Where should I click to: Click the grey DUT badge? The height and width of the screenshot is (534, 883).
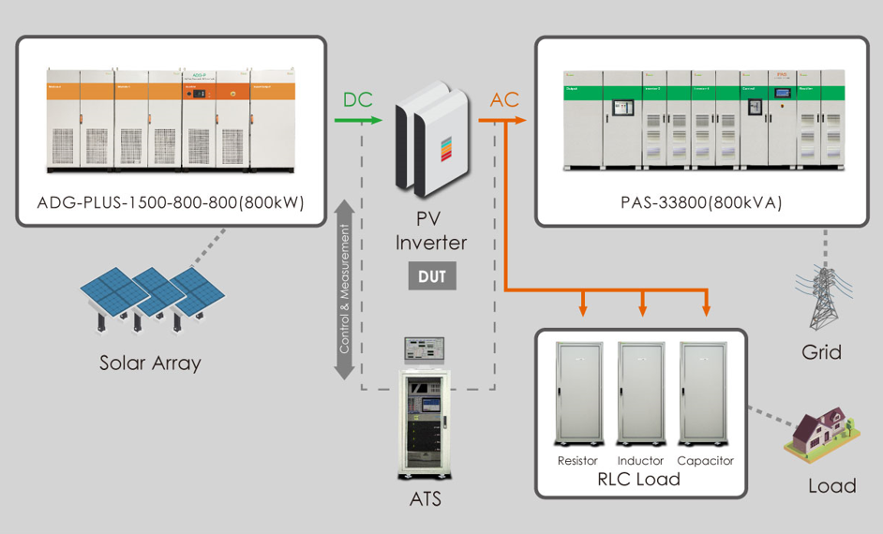tap(432, 276)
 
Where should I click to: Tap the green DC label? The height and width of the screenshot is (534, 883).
tap(361, 100)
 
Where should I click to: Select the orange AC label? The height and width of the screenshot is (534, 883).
tap(504, 100)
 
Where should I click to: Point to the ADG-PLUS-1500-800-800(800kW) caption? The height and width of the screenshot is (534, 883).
tap(171, 202)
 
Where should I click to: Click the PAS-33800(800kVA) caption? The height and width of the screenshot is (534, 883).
tap(701, 202)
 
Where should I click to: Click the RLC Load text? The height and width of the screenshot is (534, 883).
tap(640, 480)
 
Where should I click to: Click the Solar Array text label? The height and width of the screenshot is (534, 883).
tap(150, 363)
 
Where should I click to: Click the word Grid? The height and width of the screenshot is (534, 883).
tap(821, 352)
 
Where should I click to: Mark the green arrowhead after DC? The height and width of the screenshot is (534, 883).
tap(377, 121)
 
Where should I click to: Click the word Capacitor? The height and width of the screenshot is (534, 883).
tap(705, 461)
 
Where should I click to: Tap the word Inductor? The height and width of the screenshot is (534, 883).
tap(641, 461)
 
